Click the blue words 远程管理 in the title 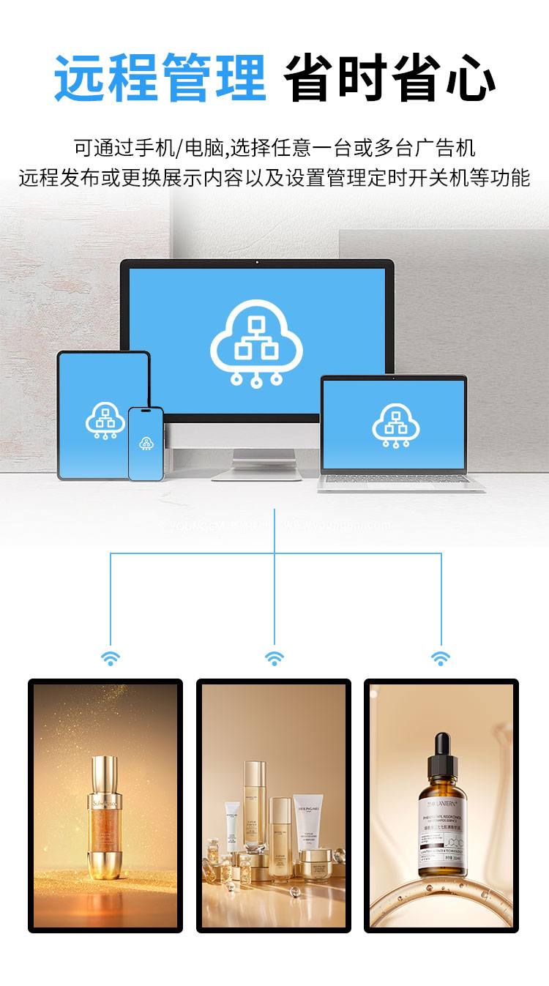click(x=160, y=78)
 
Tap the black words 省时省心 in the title click(x=389, y=78)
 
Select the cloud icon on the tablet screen click(x=105, y=420)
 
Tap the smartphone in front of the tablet click(x=146, y=444)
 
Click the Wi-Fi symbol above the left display click(x=111, y=658)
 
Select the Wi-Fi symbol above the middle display click(x=274, y=658)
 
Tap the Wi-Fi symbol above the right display click(x=441, y=658)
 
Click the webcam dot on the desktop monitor click(x=257, y=262)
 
